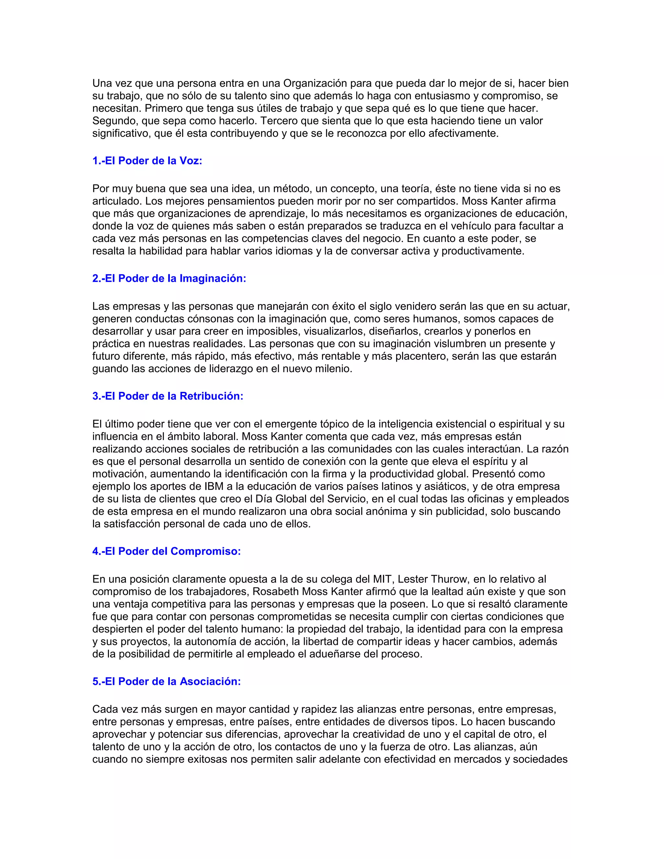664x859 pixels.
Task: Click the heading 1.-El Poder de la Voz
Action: [147, 161]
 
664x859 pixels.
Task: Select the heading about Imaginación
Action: [169, 278]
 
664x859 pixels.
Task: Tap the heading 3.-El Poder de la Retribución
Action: [168, 396]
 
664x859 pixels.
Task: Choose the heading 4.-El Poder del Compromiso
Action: [166, 551]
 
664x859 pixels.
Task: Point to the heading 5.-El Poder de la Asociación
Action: [166, 682]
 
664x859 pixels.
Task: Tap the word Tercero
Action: [280, 121]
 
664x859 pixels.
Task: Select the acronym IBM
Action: [214, 487]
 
